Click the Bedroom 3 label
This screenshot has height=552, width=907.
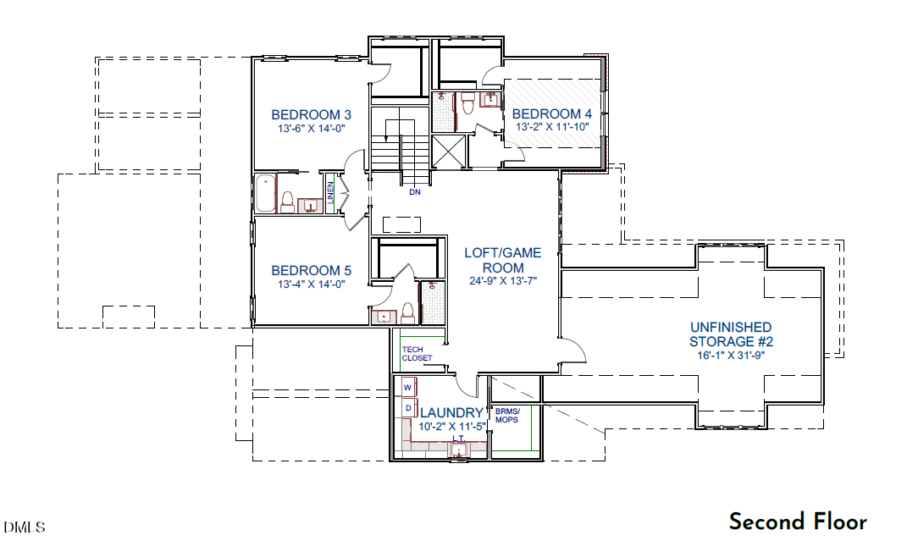311,114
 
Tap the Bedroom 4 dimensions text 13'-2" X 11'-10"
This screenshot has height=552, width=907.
552,127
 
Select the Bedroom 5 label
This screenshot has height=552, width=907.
311,271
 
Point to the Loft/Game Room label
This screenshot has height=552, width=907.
503,260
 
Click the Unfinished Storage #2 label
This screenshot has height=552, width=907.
731,334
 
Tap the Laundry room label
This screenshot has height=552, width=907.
451,412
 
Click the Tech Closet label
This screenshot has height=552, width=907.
417,354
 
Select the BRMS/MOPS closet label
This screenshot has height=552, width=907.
507,416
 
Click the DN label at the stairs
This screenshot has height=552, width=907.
415,192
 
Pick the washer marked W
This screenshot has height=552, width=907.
408,387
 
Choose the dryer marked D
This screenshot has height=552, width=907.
408,408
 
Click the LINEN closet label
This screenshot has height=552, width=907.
331,193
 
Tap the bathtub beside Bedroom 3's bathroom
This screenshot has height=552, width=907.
266,193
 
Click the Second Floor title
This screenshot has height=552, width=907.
799,522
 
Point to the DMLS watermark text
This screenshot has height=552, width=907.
25,527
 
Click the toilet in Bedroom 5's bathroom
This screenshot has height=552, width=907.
408,312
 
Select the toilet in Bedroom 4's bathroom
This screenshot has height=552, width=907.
468,103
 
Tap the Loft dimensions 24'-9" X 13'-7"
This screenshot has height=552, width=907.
503,281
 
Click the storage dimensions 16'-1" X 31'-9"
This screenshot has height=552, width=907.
731,356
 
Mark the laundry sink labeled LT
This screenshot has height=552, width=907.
458,449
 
